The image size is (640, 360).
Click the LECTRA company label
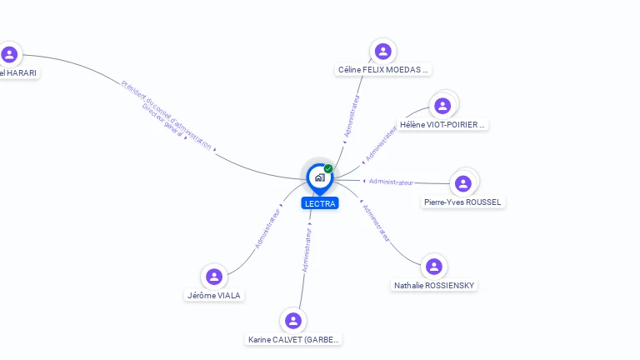click(x=320, y=203)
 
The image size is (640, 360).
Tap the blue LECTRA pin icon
click(x=319, y=177)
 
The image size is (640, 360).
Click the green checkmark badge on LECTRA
click(x=328, y=169)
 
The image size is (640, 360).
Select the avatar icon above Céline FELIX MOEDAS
click(x=383, y=52)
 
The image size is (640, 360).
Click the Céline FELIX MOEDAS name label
click(x=383, y=70)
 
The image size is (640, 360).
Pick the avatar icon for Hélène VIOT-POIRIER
click(x=442, y=106)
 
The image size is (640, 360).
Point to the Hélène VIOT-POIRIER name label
click(x=442, y=125)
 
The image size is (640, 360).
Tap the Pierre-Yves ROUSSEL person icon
click(x=463, y=183)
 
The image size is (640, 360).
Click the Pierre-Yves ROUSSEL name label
click(x=463, y=202)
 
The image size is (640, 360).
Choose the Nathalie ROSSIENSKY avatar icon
click(x=433, y=267)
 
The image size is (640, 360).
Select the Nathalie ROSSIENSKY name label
click(x=434, y=286)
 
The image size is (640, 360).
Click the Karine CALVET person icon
click(x=292, y=321)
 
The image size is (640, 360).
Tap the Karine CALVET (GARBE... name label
click(x=294, y=340)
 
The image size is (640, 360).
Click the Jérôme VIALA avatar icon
click(x=214, y=277)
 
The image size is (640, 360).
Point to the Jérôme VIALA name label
click(x=215, y=295)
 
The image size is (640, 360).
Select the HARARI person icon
click(x=9, y=54)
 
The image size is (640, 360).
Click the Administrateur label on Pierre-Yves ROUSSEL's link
click(x=391, y=182)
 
